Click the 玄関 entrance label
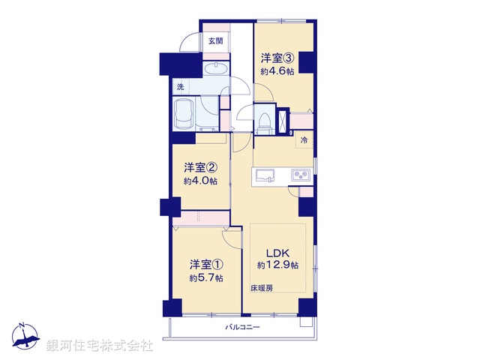coord(215,41)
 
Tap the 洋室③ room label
coord(276,58)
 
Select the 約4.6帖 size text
coord(277,71)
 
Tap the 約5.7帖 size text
coord(204,277)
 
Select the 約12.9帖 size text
coord(277,265)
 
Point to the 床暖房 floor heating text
coord(262,288)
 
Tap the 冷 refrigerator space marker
coord(304,140)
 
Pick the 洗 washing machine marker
coord(180,87)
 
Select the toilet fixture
coord(263,118)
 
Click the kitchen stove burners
coord(301,176)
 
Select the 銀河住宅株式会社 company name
coord(100,346)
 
